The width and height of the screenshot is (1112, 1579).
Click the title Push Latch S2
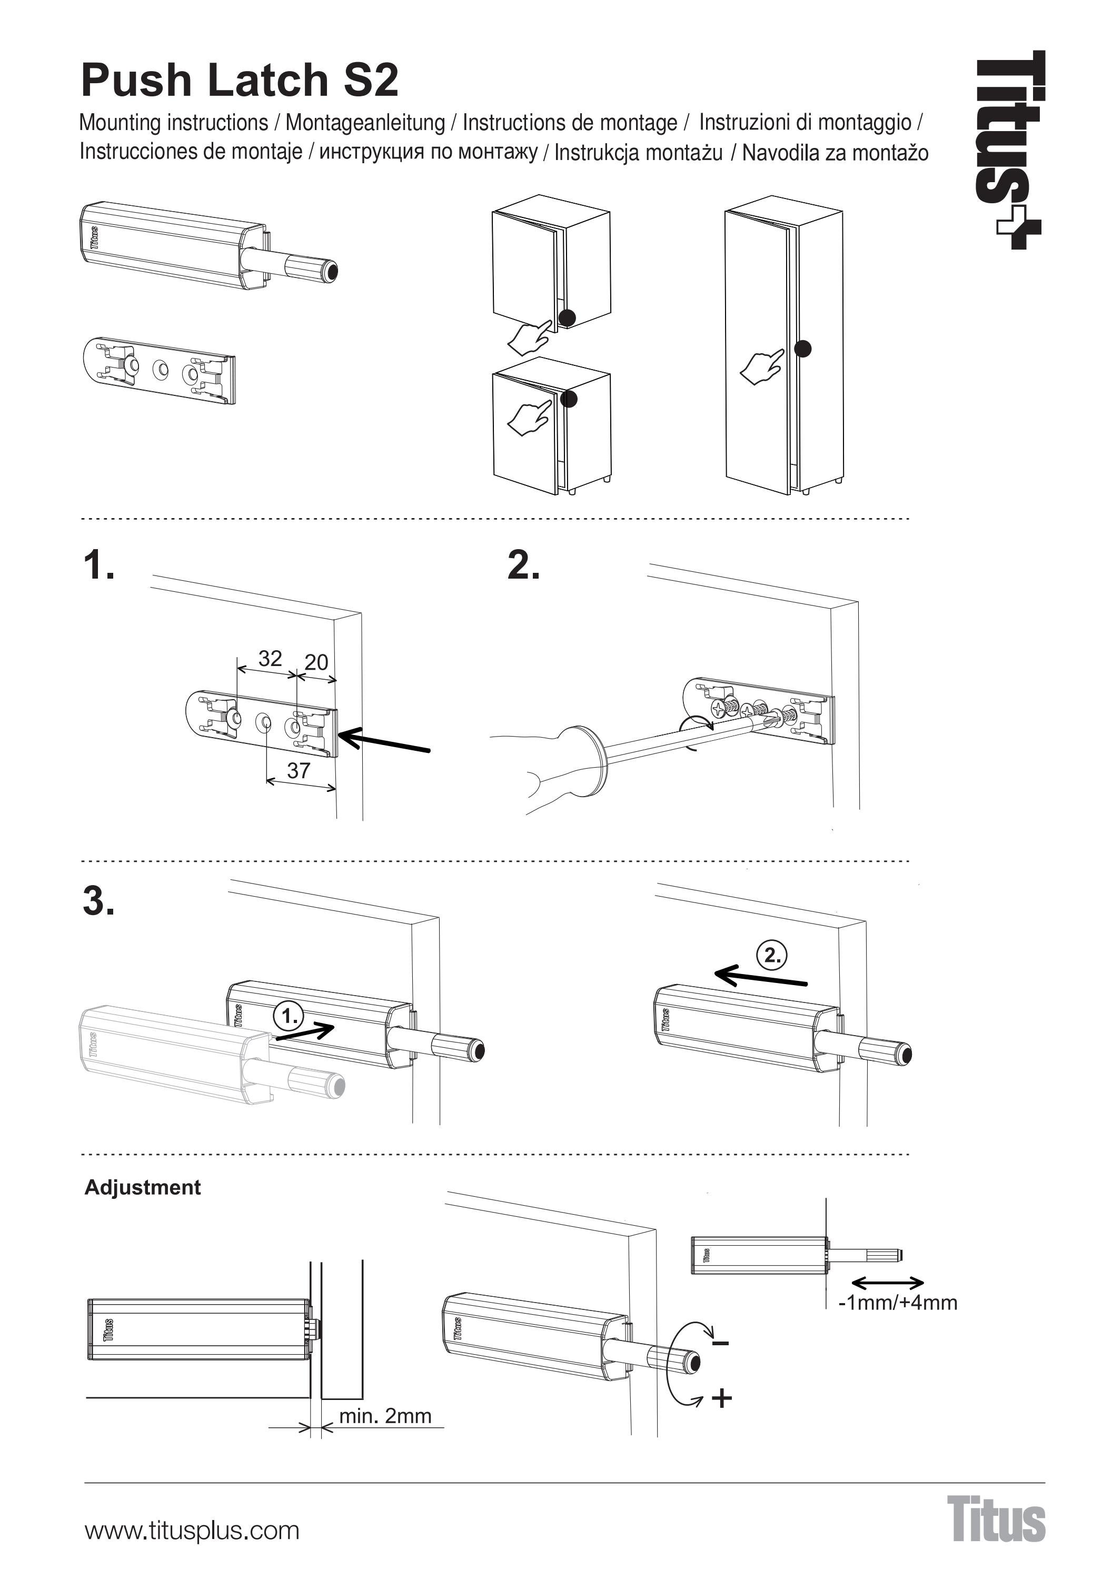(240, 81)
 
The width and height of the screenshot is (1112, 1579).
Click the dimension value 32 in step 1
(270, 659)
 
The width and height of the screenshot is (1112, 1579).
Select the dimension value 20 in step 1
(316, 662)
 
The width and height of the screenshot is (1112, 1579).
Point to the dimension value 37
(299, 770)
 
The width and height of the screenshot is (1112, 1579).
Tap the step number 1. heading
(98, 566)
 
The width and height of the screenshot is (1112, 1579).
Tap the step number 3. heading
(98, 901)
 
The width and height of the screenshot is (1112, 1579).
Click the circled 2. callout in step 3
(771, 955)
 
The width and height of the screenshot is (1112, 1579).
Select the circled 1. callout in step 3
(288, 1016)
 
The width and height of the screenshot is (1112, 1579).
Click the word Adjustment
(142, 1188)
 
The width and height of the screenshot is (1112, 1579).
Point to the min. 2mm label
(385, 1416)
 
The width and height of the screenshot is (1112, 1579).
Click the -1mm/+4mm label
(897, 1303)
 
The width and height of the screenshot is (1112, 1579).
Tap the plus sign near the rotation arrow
(721, 1398)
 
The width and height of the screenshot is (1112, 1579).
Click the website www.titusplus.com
(192, 1531)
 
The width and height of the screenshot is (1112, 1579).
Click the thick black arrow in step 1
(385, 743)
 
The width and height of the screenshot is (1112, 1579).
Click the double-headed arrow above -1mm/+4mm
(887, 1283)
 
